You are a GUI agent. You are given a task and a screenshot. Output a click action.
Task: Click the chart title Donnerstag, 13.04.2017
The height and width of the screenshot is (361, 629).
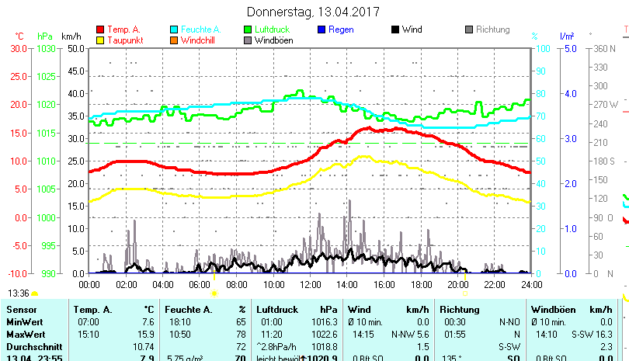tap(314, 12)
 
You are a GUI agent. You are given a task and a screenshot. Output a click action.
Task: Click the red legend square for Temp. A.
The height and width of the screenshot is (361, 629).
tap(100, 30)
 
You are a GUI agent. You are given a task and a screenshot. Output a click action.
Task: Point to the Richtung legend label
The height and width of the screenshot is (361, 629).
tap(492, 30)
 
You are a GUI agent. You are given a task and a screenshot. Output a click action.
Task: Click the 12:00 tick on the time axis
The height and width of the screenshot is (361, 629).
tap(310, 284)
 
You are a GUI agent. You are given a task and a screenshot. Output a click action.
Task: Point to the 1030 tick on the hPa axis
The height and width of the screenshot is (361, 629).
tap(46, 48)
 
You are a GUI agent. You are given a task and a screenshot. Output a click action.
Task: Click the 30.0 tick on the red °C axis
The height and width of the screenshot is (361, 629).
tap(19, 48)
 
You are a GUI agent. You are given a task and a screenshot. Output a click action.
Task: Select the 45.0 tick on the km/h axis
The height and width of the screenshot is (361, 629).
tap(75, 71)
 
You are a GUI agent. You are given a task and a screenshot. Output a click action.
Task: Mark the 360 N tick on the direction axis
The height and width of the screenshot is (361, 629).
tap(603, 48)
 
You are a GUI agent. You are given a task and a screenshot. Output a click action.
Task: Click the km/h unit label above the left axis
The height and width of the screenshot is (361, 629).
tap(71, 36)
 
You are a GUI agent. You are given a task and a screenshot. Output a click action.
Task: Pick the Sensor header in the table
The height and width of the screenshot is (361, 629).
tap(21, 310)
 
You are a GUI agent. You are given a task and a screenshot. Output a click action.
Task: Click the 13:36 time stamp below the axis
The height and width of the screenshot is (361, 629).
tap(19, 293)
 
